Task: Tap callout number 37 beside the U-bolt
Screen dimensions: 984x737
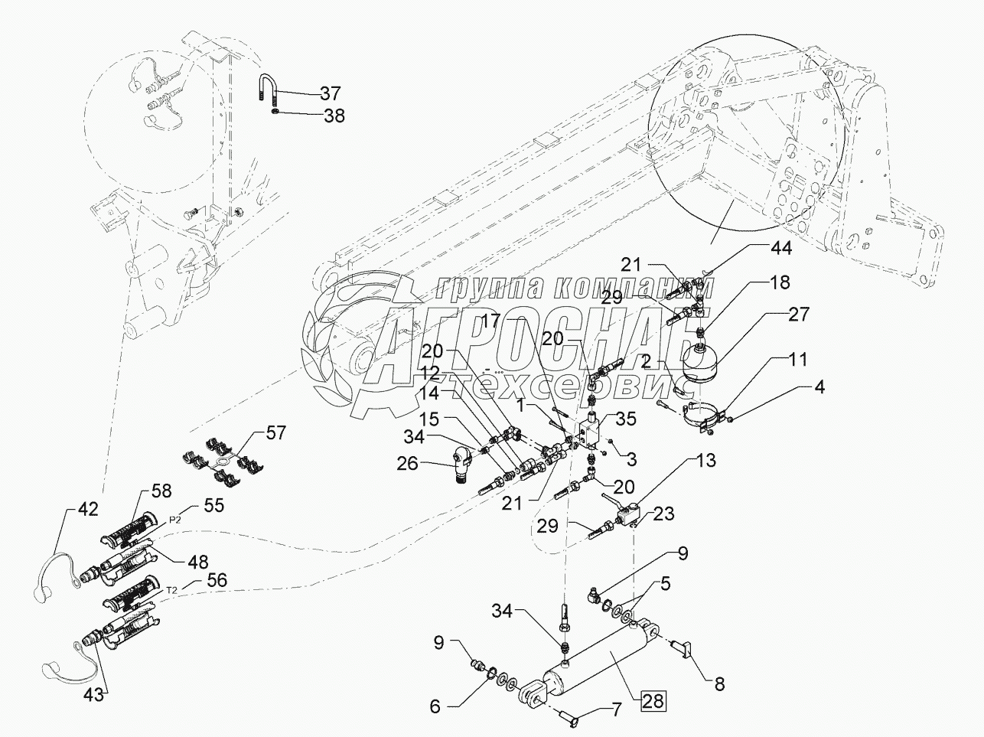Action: (x=331, y=93)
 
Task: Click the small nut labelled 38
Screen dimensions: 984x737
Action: (x=275, y=111)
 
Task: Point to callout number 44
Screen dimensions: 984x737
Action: (x=780, y=248)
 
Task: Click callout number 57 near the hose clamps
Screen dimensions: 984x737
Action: (x=275, y=433)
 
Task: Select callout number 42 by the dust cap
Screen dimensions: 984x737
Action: (x=87, y=509)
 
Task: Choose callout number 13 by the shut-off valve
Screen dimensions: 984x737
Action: (x=705, y=461)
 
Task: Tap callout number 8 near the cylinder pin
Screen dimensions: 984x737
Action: (x=719, y=684)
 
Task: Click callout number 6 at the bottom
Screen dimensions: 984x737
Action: (x=435, y=707)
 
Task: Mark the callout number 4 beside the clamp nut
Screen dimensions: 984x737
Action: (x=819, y=387)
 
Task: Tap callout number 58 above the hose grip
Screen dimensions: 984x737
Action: (x=161, y=491)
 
